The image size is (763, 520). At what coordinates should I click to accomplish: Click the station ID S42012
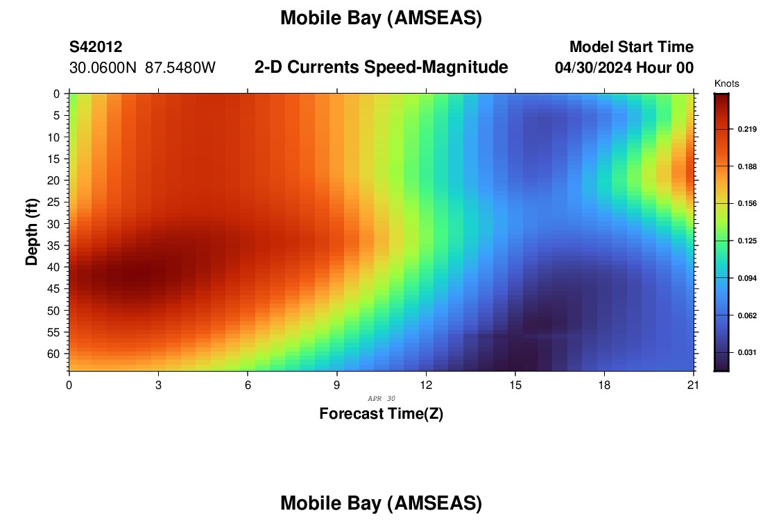tap(96, 46)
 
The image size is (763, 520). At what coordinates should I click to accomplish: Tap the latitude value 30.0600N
tap(103, 68)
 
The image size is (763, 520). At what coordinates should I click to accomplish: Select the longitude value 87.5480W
tap(180, 68)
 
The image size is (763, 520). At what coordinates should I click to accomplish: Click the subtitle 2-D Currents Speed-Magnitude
tap(381, 67)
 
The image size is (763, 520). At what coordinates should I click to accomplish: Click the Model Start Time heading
tap(632, 46)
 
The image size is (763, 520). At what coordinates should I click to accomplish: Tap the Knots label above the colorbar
tap(726, 83)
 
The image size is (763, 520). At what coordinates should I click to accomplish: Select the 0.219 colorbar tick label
tap(748, 129)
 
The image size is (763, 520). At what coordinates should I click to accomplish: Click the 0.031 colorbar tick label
tap(748, 352)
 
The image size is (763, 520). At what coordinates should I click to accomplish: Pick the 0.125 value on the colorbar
tap(748, 241)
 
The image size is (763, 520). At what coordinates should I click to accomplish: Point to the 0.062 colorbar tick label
tap(748, 315)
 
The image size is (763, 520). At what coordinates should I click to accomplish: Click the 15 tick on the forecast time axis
tap(515, 385)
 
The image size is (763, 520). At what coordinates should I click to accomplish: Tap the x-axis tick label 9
tap(336, 385)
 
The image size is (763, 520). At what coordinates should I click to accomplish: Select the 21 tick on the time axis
tap(693, 385)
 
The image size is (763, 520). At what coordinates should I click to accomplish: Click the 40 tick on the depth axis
tap(53, 267)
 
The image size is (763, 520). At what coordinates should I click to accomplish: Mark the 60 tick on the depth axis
tap(53, 354)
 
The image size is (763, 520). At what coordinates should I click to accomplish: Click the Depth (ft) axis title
tap(32, 232)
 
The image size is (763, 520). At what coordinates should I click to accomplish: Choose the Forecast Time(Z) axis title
tap(381, 413)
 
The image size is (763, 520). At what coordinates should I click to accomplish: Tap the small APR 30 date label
tap(381, 399)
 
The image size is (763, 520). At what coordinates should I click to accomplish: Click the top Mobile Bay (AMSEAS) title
tap(381, 19)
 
